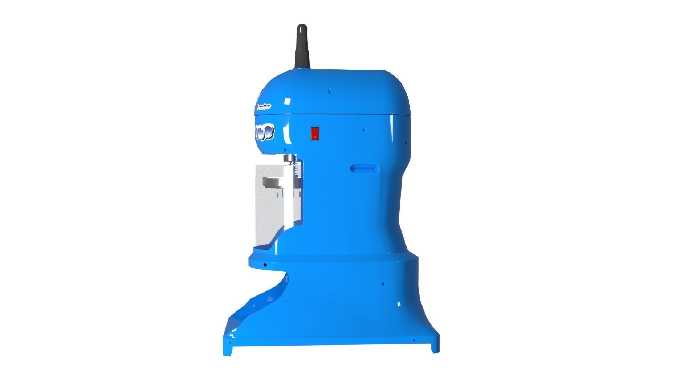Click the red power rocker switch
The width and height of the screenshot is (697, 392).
(x=315, y=133)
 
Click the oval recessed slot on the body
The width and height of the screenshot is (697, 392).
(x=363, y=168)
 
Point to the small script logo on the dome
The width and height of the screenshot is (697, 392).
(x=264, y=107)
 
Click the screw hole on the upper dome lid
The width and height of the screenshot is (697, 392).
(x=329, y=89)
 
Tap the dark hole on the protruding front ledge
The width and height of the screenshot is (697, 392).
(x=265, y=265)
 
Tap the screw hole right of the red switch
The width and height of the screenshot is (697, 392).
(x=363, y=130)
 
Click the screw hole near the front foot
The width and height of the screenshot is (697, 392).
(x=229, y=343)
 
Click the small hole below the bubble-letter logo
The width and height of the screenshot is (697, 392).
(x=285, y=150)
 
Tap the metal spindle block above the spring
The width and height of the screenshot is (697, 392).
(x=289, y=158)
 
